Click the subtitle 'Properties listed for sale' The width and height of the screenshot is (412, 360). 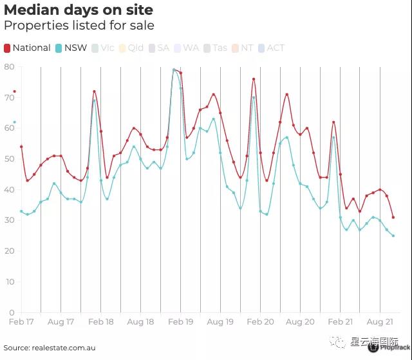[x=79, y=26]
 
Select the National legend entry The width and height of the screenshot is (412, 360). [x=27, y=48]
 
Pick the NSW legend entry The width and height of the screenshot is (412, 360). [x=71, y=48]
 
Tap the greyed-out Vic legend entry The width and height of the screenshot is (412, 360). [x=102, y=48]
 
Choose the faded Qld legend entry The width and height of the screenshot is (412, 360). [x=131, y=48]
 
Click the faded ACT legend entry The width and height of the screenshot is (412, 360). [x=270, y=48]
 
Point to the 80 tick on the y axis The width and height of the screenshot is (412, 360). [x=9, y=66]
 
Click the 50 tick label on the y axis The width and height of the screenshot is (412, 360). [x=9, y=158]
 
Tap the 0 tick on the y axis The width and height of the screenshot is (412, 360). [x=12, y=312]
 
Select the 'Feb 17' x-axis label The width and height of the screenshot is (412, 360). [x=21, y=321]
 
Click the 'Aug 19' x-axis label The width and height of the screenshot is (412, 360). [x=220, y=321]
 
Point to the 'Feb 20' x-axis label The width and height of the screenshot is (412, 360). [x=260, y=321]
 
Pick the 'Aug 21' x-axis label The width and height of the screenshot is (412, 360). [x=380, y=321]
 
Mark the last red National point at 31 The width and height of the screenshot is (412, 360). [x=393, y=217]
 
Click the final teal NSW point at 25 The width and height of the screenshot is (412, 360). [x=393, y=236]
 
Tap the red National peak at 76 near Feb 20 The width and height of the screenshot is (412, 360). [x=254, y=79]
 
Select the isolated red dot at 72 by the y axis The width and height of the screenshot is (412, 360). [x=14, y=91]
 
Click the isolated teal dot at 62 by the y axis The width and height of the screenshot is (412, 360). [x=14, y=122]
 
